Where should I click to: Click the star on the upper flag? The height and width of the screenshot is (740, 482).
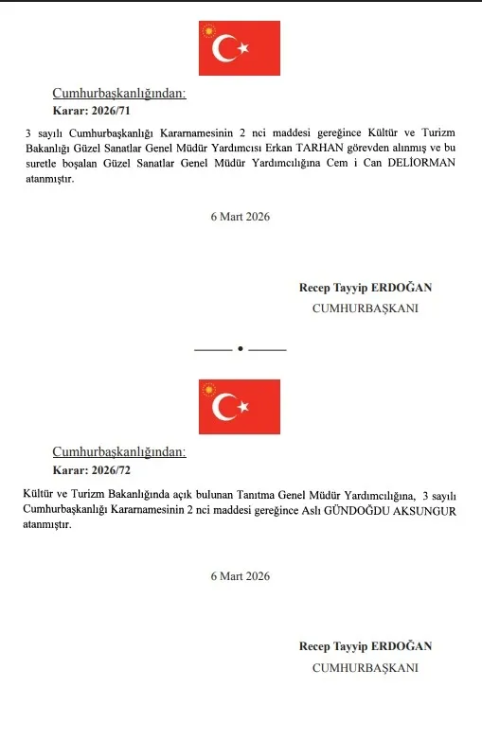(243, 48)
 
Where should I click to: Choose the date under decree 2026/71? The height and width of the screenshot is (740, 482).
(241, 217)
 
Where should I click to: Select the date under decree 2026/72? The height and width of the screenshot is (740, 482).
(241, 575)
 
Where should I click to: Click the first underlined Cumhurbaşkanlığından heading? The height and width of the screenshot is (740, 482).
(119, 93)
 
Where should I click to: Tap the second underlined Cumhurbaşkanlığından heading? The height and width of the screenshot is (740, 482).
(119, 451)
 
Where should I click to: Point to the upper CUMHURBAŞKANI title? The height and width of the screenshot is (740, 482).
(366, 308)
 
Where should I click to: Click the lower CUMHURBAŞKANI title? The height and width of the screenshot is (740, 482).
(366, 667)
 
